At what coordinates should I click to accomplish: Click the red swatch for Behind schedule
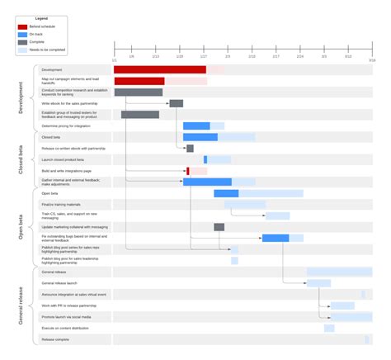(22, 26)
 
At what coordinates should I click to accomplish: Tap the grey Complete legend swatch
(22, 41)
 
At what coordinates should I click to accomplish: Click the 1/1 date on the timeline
(114, 59)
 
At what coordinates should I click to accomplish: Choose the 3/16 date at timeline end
(372, 59)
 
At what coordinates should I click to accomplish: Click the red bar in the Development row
(160, 70)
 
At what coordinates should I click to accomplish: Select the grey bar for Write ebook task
(176, 103)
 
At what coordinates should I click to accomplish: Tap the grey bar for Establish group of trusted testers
(140, 115)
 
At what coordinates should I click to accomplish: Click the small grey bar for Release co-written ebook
(190, 149)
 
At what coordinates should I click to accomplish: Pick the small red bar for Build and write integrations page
(188, 171)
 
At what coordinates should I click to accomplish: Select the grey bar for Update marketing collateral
(219, 227)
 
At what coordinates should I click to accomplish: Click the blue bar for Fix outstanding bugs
(276, 238)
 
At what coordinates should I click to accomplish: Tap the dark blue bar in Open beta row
(226, 193)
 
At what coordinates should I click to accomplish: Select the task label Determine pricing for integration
(66, 126)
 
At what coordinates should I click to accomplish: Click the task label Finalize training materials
(61, 204)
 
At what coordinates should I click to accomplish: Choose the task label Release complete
(56, 339)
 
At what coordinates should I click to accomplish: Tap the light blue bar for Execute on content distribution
(329, 328)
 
